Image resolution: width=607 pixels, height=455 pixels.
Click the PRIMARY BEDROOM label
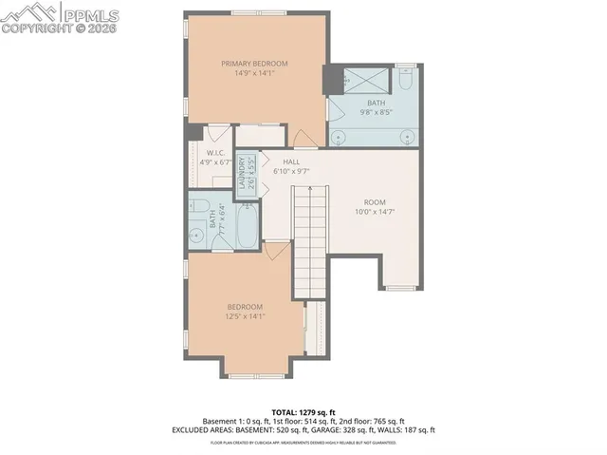(254, 64)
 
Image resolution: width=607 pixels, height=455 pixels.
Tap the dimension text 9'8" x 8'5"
(377, 112)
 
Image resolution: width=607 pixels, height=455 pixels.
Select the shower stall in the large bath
(365, 81)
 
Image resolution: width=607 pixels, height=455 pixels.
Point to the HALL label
(291, 162)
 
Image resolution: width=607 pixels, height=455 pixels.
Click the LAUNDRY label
(247, 173)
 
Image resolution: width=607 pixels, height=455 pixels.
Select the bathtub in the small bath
(244, 223)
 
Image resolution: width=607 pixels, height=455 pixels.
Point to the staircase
(308, 237)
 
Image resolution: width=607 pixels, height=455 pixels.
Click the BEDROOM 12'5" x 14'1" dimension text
(244, 317)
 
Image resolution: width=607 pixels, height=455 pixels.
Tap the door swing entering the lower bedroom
(277, 251)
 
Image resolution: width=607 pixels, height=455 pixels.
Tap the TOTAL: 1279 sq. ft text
(303, 411)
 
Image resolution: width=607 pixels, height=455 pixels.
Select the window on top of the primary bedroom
(258, 13)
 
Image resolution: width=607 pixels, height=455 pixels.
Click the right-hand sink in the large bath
(409, 135)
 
